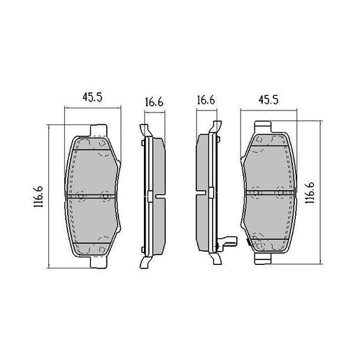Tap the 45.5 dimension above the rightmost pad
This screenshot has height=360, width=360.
coord(269,101)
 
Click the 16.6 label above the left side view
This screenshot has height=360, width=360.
coord(154,102)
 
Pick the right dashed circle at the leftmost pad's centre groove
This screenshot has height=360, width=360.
coord(106,196)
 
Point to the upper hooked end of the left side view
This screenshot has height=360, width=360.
coord(144,130)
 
